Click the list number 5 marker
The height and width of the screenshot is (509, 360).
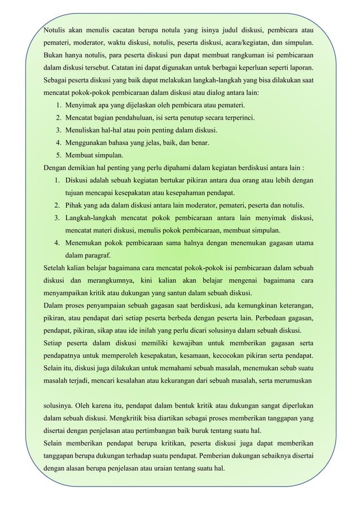59,155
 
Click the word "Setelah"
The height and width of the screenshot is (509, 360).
55,267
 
